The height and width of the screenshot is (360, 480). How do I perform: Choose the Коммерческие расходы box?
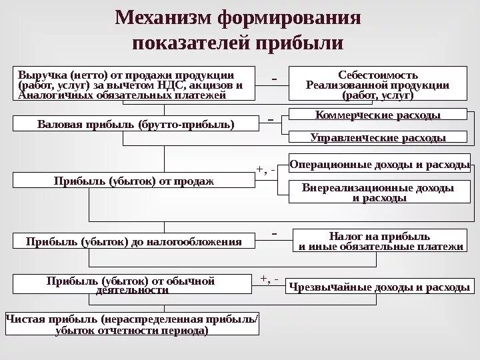(377, 115)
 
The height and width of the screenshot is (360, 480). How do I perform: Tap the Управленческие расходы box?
(377, 138)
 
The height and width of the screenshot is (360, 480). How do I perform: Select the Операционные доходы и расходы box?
(379, 163)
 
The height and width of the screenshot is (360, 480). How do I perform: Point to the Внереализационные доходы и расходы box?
(378, 193)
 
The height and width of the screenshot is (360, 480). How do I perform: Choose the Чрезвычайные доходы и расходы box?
(379, 288)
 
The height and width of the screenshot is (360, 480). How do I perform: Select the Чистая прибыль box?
(133, 325)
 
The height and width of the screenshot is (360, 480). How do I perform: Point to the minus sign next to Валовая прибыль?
(271, 119)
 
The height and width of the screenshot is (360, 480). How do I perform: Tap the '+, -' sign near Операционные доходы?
(266, 169)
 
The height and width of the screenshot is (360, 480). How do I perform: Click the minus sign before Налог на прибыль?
(274, 234)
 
